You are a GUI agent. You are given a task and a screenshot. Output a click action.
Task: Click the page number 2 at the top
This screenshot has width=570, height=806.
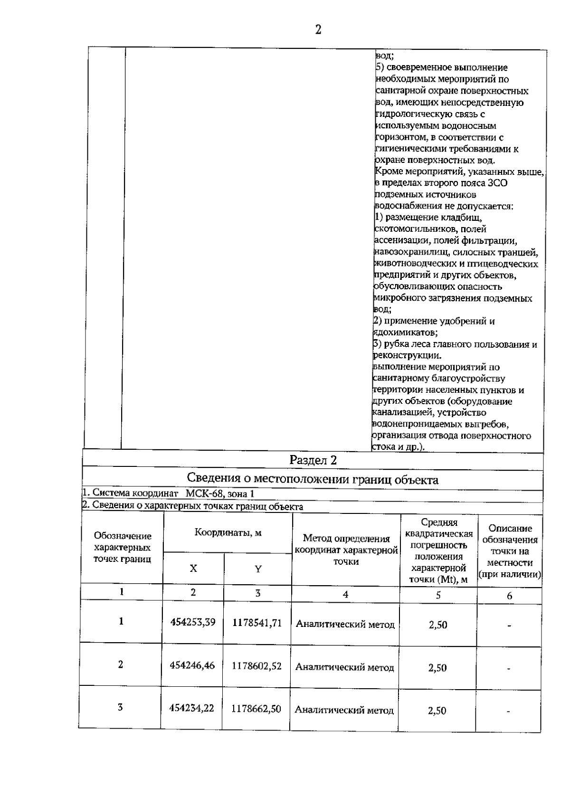318,30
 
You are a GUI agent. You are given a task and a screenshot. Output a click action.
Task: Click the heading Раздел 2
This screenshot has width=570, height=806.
313,460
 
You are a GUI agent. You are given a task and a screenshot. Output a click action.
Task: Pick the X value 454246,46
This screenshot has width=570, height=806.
192,666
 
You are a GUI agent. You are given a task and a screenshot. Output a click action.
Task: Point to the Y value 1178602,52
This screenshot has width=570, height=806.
256,666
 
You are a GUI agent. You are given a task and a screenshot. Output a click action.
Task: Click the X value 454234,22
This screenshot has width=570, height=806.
192,708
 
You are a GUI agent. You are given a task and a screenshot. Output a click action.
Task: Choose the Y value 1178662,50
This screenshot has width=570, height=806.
256,709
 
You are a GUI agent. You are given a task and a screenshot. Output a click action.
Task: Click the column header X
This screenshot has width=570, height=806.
193,568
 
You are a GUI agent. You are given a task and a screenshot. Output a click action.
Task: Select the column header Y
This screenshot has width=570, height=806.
258,569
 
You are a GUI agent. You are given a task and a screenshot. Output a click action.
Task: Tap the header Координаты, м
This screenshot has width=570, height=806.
228,533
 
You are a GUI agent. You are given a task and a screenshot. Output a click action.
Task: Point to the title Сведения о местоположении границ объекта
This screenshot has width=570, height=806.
313,479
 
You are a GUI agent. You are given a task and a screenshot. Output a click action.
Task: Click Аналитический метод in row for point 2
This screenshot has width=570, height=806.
345,667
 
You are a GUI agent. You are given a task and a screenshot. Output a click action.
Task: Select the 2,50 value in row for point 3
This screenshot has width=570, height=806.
437,711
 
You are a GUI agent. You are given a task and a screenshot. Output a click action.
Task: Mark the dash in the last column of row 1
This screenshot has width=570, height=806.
509,626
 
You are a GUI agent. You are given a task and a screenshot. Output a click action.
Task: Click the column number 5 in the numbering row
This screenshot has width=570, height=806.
438,595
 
